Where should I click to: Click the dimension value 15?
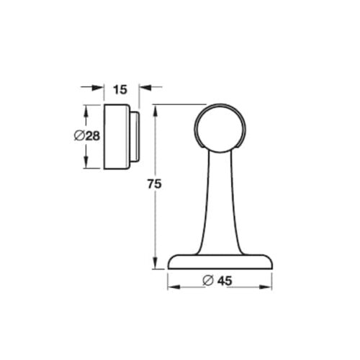tap(120, 89)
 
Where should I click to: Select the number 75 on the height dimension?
tap(152, 184)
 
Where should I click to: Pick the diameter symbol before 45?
tap(208, 282)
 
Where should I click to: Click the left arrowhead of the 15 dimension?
tap(100, 89)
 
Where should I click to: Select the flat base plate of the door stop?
tap(220, 263)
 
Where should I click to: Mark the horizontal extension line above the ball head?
tap(176, 106)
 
